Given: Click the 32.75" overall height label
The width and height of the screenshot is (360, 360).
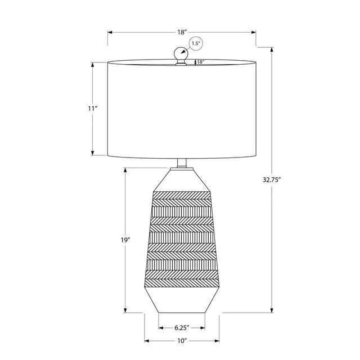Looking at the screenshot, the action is tap(272, 180).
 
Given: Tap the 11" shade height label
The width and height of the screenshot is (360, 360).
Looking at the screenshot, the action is tap(93, 109).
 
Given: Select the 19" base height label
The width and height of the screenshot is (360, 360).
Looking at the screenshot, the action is tap(125, 240).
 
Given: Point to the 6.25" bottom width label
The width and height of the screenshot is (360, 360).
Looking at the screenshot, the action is tap(182, 327).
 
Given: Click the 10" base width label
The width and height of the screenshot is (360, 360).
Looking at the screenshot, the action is tap(182, 341).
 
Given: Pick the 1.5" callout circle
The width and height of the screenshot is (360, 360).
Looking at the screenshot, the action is tap(196, 44).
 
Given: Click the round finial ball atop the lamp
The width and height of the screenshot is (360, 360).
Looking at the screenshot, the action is tap(181, 54).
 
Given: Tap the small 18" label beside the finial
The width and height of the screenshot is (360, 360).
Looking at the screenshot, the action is tap(200, 62).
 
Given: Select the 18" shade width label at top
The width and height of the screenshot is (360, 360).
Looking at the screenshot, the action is tap(181, 32).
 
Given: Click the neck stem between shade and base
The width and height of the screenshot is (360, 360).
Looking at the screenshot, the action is tap(182, 163).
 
